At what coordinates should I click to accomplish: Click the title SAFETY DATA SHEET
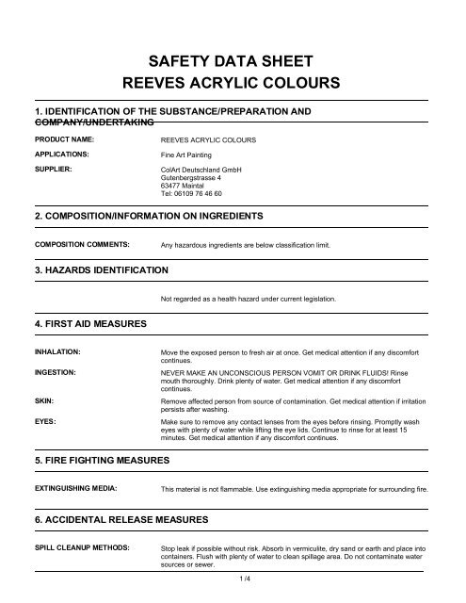pos(232,56)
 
